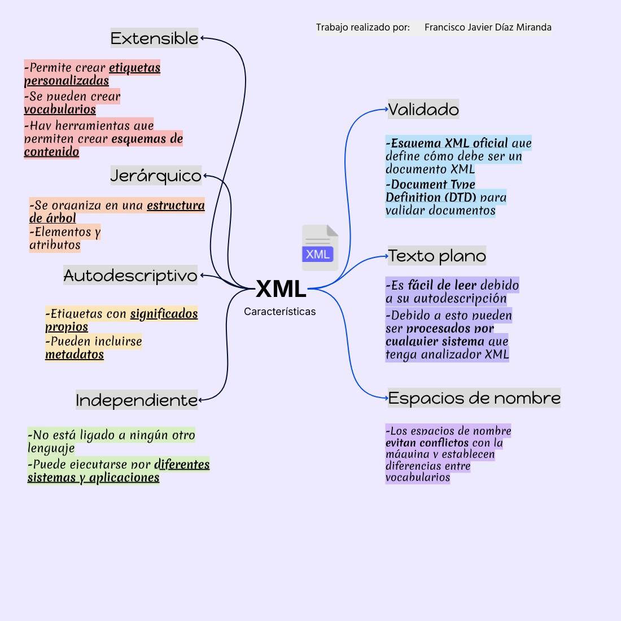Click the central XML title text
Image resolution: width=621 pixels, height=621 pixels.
point(281,289)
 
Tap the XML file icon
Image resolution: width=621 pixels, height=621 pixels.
point(320,248)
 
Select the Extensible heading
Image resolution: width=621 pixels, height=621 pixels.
point(154,38)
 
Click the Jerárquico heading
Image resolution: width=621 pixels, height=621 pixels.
point(156,176)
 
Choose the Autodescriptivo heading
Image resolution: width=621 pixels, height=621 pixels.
point(130,275)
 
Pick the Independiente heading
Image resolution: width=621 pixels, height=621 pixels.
point(137,400)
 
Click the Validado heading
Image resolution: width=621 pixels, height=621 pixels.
point(423,109)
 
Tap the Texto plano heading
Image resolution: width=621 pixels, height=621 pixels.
point(437,256)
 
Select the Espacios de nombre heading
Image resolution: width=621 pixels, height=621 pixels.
point(474,398)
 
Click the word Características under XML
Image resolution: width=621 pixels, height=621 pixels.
point(280,312)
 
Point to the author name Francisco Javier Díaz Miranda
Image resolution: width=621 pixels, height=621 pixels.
point(488,27)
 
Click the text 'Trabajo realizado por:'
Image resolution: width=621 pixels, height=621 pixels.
point(362,27)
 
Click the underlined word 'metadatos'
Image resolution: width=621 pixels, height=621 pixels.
point(75,355)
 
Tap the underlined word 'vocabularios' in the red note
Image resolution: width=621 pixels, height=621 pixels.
point(60,110)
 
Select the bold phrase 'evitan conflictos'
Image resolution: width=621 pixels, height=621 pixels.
point(427,443)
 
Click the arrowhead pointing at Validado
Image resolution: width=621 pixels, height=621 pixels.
point(386,110)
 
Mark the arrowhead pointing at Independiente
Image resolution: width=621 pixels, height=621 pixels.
point(201,400)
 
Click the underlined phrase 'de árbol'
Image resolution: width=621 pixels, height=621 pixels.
point(53,218)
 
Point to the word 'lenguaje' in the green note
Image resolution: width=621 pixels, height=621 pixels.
point(51,449)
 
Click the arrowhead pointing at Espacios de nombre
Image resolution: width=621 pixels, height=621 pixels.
point(386,398)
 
